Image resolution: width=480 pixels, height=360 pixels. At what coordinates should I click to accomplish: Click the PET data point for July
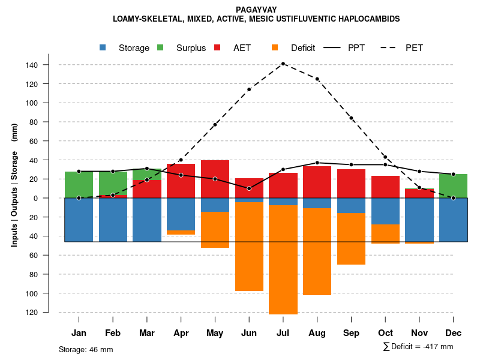(283, 64)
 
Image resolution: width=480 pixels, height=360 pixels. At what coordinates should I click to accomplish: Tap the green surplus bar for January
(79, 185)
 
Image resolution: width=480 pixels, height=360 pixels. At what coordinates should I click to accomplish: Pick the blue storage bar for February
(113, 220)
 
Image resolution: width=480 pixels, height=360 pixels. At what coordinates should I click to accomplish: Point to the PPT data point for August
(317, 163)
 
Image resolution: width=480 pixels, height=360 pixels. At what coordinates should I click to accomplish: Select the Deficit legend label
(303, 48)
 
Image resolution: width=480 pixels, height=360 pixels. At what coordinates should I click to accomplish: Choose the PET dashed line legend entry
(402, 48)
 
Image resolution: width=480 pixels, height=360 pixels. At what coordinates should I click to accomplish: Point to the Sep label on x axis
(352, 333)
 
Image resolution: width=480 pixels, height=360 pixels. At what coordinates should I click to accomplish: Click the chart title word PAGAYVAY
(256, 10)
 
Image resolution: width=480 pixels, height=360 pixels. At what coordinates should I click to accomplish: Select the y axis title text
(14, 185)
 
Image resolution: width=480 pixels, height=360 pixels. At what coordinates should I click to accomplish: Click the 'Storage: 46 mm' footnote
(86, 349)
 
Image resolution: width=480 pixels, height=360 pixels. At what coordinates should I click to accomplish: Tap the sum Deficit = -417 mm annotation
(418, 347)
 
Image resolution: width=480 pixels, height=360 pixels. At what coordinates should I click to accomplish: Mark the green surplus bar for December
(454, 186)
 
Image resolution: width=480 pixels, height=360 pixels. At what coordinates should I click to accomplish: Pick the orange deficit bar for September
(352, 239)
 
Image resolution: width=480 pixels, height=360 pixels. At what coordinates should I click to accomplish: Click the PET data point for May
(215, 125)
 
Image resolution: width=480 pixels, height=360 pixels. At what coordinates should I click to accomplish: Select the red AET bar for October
(386, 187)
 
